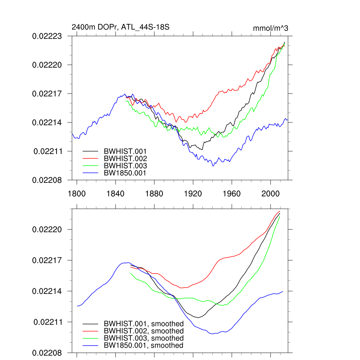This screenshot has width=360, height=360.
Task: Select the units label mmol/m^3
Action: [270, 28]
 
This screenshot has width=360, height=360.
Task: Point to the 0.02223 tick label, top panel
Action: [47, 36]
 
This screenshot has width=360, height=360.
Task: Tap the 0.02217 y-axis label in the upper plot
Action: [47, 94]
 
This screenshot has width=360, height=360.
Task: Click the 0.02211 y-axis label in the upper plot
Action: [48, 152]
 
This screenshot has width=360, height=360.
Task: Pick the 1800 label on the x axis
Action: [77, 194]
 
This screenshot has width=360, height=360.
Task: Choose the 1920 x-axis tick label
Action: [193, 194]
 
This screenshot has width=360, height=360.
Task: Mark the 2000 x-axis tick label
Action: [271, 194]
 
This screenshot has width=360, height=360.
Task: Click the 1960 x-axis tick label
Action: [232, 194]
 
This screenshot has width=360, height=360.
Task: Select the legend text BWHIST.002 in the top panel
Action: [125, 158]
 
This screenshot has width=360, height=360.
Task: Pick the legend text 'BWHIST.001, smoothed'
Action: [143, 323]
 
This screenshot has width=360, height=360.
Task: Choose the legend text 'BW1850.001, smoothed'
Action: [143, 346]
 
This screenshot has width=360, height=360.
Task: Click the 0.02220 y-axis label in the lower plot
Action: [47, 230]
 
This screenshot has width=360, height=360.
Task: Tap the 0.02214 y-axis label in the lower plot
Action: [47, 291]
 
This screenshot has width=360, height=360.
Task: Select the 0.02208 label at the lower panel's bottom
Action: [47, 353]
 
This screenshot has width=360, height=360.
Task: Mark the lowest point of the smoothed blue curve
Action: [213, 334]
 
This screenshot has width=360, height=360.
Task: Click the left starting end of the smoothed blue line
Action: [77, 306]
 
